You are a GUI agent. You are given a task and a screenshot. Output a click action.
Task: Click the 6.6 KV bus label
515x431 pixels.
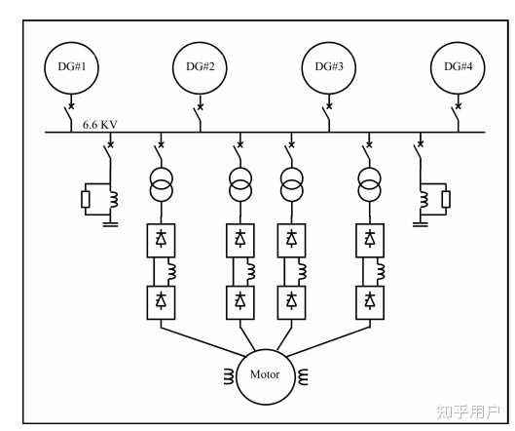(99, 125)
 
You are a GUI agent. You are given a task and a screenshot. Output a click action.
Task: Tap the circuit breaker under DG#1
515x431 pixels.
(69, 113)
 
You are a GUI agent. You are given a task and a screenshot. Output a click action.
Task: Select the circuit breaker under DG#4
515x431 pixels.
(457, 113)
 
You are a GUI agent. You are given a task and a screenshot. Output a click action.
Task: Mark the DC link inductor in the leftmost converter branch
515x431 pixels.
(171, 272)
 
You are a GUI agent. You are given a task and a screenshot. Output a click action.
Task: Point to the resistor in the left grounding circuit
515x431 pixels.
(86, 199)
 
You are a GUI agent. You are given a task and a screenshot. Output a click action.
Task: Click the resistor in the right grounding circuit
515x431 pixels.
(446, 199)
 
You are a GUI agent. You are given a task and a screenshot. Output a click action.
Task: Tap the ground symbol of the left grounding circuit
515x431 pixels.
(110, 224)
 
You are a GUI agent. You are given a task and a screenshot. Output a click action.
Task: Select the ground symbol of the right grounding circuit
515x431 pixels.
(421, 224)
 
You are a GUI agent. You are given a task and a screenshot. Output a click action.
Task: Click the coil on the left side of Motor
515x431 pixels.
(229, 376)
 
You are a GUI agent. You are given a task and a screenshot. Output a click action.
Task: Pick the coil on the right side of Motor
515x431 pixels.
(303, 376)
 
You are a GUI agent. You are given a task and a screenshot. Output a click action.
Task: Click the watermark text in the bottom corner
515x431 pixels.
(468, 411)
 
